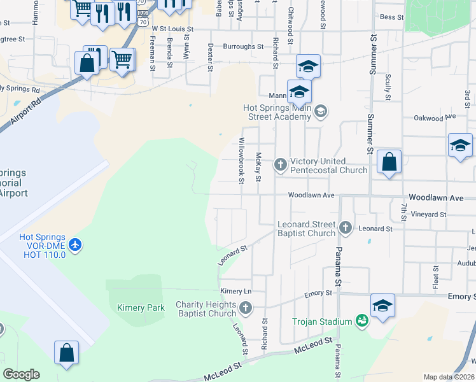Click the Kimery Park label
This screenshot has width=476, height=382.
141,308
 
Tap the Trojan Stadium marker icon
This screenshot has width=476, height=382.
361,321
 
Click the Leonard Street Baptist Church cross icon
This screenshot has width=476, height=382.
346,227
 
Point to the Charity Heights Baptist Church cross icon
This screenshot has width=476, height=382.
246,309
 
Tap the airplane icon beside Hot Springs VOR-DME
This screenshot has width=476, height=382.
76,244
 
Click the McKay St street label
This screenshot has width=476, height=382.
258,166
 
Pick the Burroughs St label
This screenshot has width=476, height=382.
243,46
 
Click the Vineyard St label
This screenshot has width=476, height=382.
428,215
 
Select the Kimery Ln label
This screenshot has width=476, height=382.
236,291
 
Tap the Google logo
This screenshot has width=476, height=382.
21,374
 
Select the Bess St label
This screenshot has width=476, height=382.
391,18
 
